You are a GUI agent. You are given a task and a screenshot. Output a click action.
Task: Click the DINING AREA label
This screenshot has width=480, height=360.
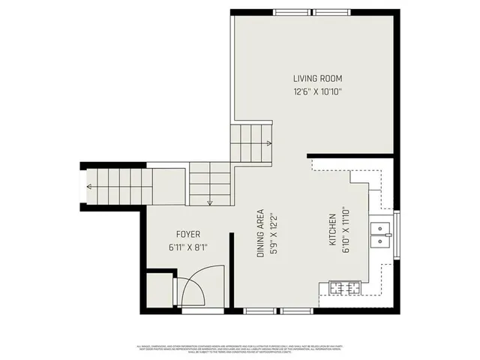260,233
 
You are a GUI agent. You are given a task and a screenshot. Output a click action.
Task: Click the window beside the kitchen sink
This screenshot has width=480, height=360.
397,234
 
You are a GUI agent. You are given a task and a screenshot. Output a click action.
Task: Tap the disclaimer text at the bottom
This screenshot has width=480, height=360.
240,347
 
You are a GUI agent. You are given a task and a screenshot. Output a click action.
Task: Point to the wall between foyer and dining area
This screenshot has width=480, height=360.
232,270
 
